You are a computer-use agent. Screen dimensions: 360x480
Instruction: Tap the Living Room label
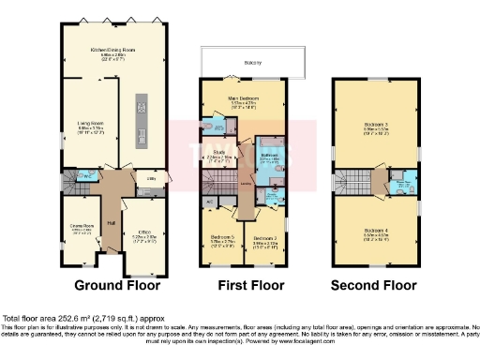coord(90,123)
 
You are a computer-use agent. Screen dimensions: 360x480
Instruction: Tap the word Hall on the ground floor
coord(111,222)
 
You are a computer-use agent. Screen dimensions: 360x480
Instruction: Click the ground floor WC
coord(83,175)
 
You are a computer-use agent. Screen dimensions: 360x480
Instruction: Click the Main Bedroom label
coord(242,98)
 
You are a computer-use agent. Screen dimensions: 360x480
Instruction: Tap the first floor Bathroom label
coord(268,155)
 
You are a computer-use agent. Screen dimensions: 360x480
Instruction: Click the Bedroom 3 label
coord(376,124)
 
